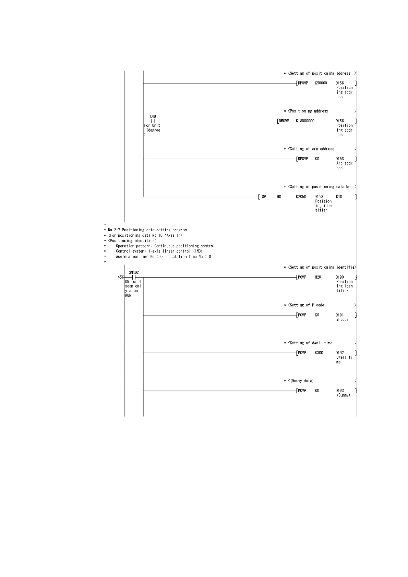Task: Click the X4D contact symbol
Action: [153, 121]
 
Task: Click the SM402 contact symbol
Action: [134, 277]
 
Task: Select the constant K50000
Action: [321, 83]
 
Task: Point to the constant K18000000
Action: [305, 121]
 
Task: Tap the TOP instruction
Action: [263, 197]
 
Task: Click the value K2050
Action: [301, 197]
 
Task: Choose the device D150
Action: [319, 197]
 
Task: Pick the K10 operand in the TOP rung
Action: [339, 197]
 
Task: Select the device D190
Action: [340, 278]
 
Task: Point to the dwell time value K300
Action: [319, 353]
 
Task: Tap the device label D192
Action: [340, 353]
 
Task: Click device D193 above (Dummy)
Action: [340, 391]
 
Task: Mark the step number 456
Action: [121, 278]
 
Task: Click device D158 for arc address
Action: [340, 159]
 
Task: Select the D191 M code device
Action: [340, 315]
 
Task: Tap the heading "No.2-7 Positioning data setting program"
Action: [147, 230]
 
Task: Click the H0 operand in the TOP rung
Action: [279, 197]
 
